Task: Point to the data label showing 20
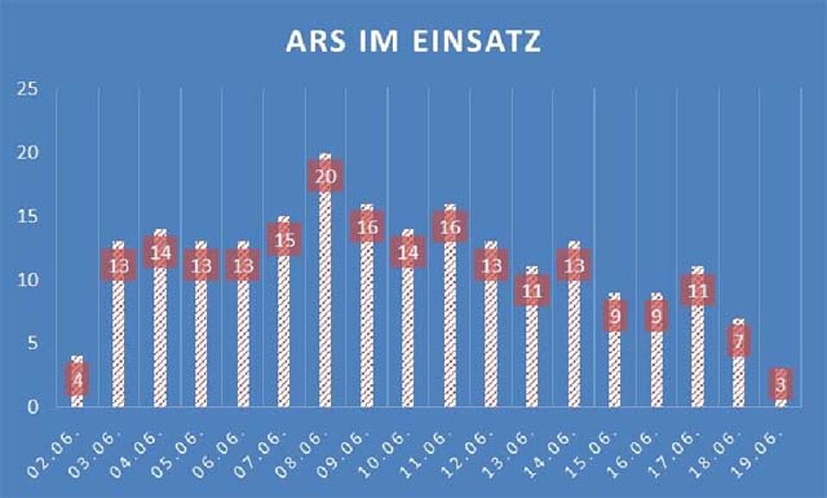tap(326, 177)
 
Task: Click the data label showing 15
tap(284, 240)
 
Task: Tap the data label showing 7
tap(738, 342)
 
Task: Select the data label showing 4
tap(78, 379)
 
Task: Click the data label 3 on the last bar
tap(780, 384)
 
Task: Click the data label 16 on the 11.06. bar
tap(451, 227)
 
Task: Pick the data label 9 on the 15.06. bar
tap(615, 316)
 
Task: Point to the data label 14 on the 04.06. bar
tap(160, 253)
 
